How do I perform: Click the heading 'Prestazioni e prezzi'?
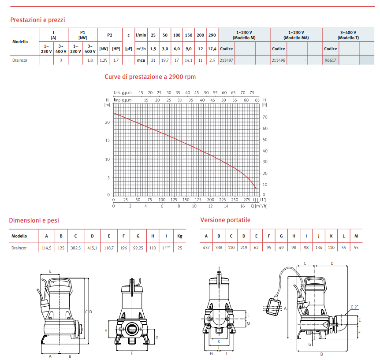pyautogui.click(x=37, y=20)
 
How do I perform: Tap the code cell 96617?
pyautogui.click(x=330, y=60)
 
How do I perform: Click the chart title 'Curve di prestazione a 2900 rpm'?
pyautogui.click(x=150, y=77)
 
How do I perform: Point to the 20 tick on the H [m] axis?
pyautogui.click(x=107, y=122)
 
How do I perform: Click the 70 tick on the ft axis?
pyautogui.click(x=265, y=117)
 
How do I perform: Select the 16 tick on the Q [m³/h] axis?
pyautogui.click(x=242, y=206)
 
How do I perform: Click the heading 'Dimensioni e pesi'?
pyautogui.click(x=34, y=220)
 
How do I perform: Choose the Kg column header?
pyautogui.click(x=179, y=236)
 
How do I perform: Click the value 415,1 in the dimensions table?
pyautogui.click(x=92, y=248)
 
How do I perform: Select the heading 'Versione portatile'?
pyautogui.click(x=225, y=220)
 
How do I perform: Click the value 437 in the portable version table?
pyautogui.click(x=206, y=248)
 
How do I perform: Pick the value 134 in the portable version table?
pyautogui.click(x=319, y=248)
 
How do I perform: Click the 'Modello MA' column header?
pyautogui.click(x=296, y=35)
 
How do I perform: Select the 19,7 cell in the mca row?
pyautogui.click(x=165, y=60)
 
